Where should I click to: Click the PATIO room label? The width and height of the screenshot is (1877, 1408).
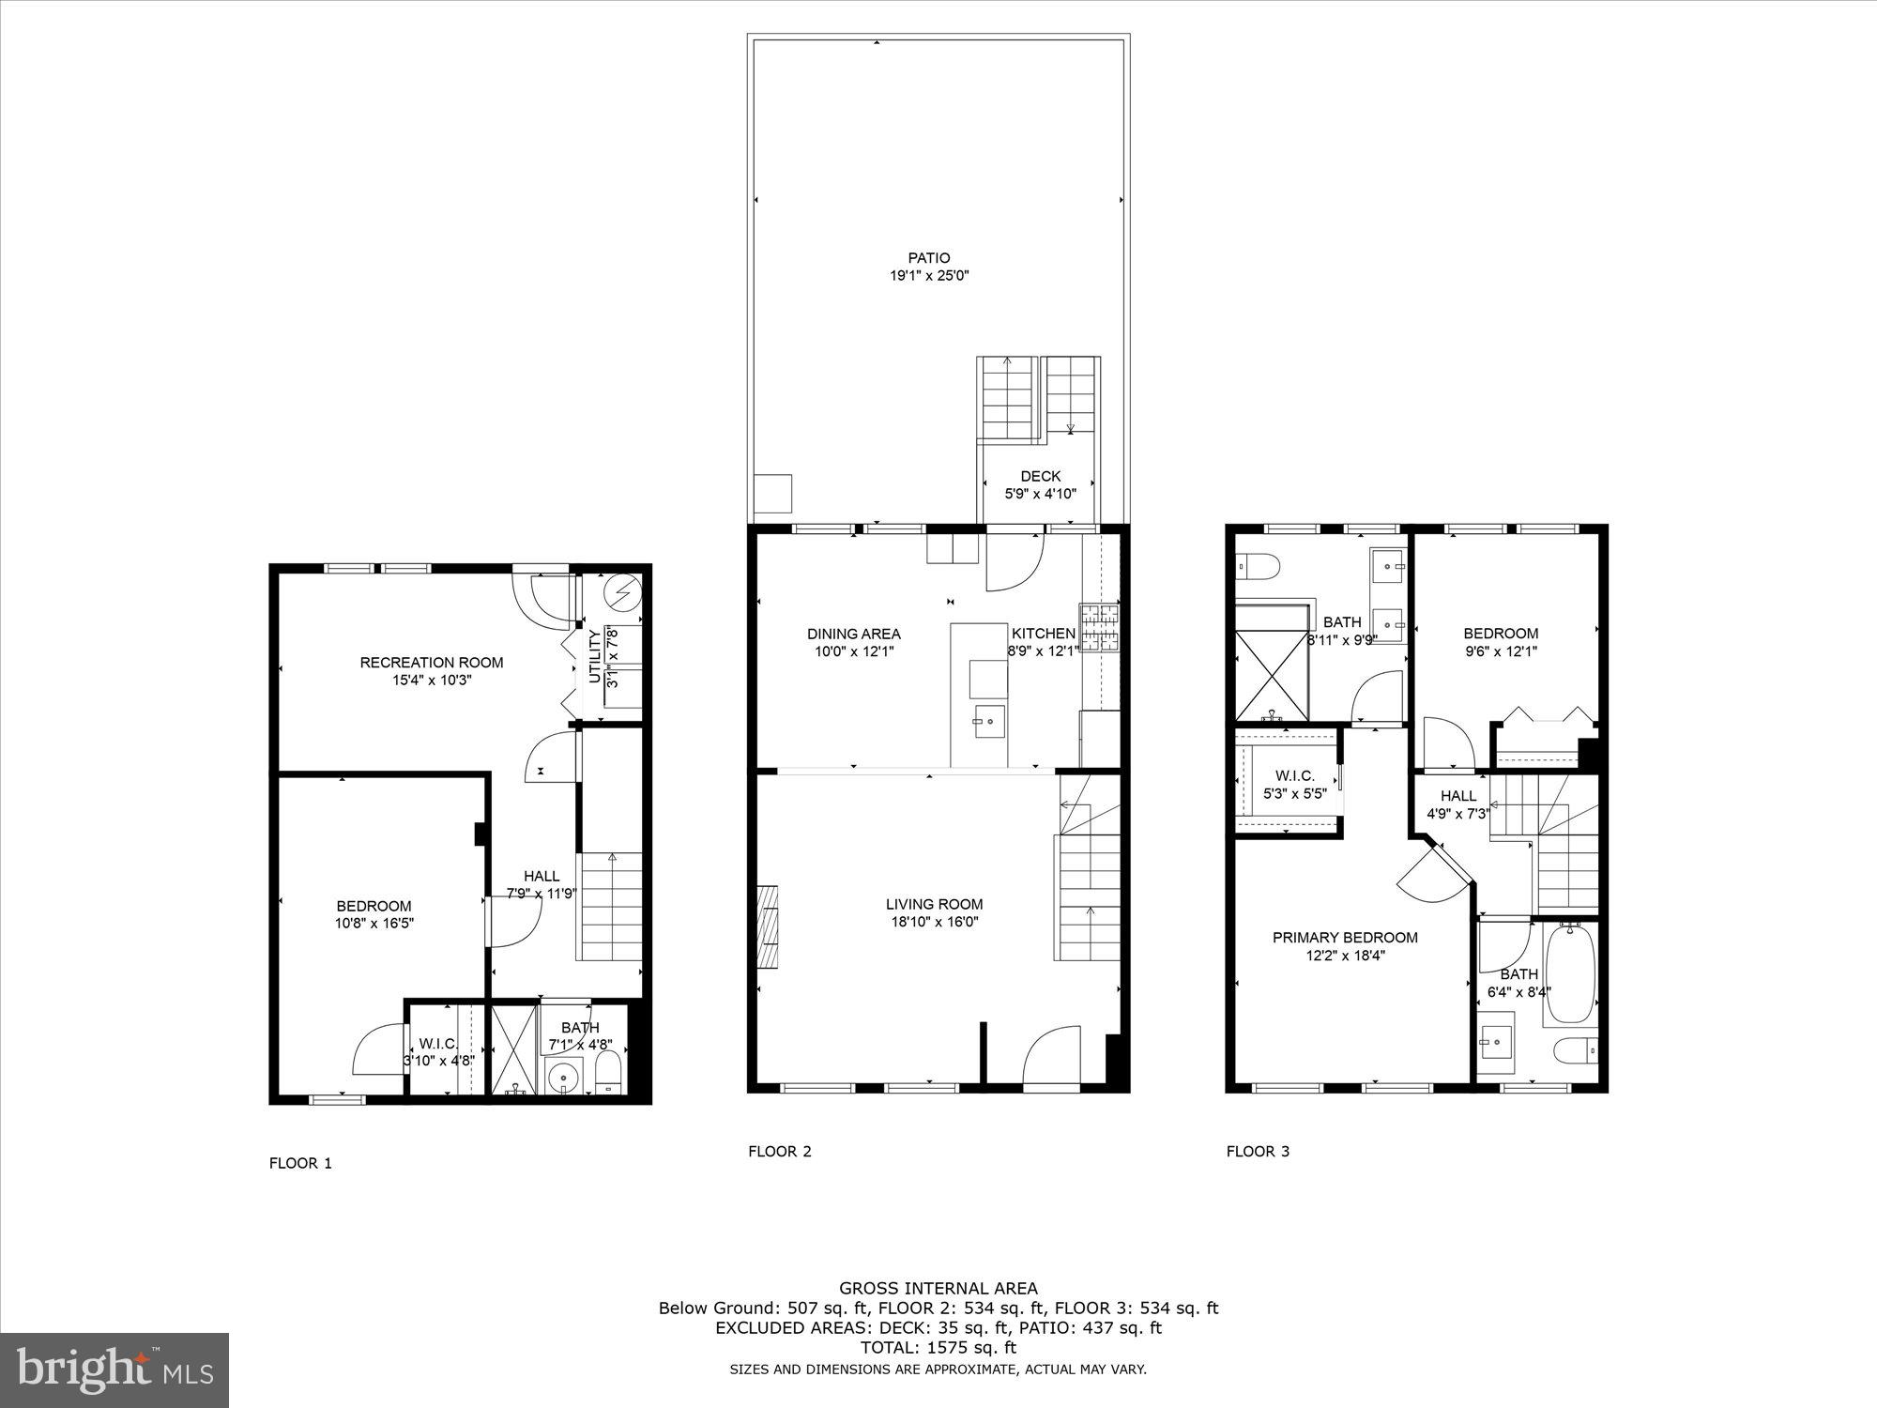click(x=928, y=257)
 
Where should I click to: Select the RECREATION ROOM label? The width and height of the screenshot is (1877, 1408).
click(x=432, y=662)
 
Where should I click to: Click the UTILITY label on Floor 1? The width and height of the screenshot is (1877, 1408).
click(x=594, y=657)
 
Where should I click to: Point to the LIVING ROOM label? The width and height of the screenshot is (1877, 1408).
click(x=934, y=904)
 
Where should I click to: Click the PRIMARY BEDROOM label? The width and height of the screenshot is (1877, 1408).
click(x=1344, y=937)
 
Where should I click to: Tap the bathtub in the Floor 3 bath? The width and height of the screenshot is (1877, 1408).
click(x=1569, y=973)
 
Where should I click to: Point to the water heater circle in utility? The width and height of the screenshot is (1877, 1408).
click(x=621, y=591)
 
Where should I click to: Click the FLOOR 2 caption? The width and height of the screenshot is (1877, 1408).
click(x=779, y=1151)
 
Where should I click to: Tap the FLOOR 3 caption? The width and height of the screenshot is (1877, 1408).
click(x=1258, y=1151)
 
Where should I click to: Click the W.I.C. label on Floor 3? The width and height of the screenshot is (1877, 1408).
click(x=1294, y=776)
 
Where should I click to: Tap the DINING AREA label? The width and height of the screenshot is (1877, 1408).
click(x=853, y=634)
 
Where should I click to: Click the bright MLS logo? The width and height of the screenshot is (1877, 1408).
click(x=114, y=1370)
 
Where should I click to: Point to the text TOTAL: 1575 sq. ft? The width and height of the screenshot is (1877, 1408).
click(x=938, y=1347)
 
